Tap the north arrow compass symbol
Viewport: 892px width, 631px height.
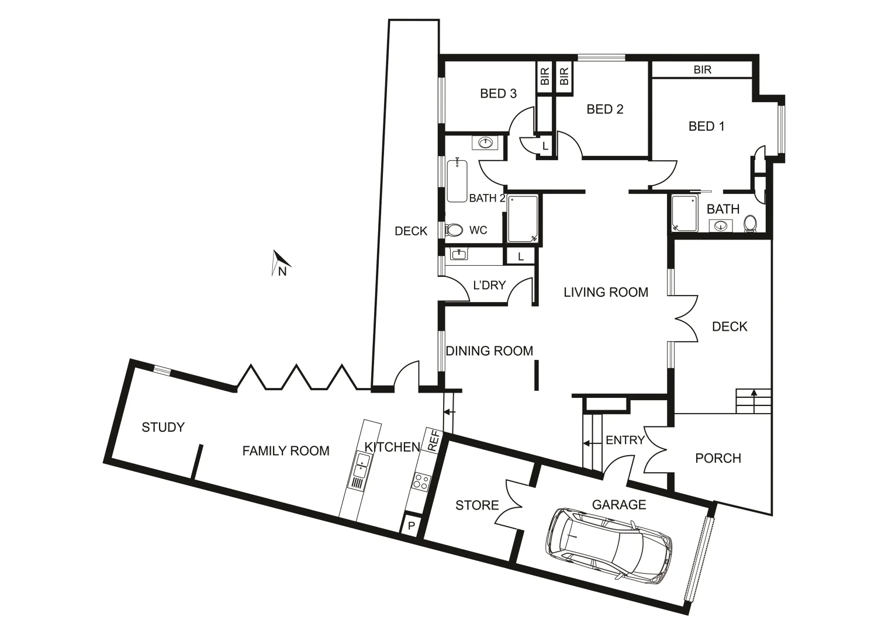click(x=281, y=263)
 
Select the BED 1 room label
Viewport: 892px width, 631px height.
click(x=706, y=126)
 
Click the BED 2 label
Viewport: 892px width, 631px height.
click(x=605, y=109)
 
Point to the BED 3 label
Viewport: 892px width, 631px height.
click(x=498, y=93)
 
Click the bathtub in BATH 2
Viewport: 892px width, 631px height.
click(x=457, y=181)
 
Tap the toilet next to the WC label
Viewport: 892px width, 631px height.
click(x=454, y=230)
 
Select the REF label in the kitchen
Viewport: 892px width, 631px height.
click(x=434, y=441)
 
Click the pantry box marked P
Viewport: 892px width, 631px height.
click(x=411, y=526)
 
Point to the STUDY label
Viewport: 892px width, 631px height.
click(x=163, y=428)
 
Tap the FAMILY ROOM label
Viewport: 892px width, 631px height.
click(x=286, y=451)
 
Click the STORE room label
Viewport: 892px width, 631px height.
click(x=477, y=505)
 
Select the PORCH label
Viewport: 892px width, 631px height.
click(x=718, y=459)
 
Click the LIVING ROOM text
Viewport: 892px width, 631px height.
click(x=606, y=292)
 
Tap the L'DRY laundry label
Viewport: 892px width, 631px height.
click(x=489, y=285)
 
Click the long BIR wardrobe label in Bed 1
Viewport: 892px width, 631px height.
click(x=702, y=70)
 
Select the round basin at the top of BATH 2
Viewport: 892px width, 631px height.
click(x=485, y=142)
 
